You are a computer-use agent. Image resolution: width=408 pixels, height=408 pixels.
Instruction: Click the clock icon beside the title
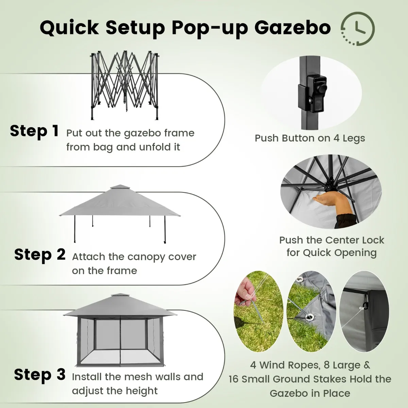click(x=358, y=29)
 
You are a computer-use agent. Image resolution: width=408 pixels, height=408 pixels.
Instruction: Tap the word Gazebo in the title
click(x=293, y=28)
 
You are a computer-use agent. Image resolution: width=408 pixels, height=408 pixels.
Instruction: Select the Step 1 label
click(x=34, y=131)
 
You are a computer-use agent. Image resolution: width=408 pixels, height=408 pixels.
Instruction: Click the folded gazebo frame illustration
click(x=125, y=85)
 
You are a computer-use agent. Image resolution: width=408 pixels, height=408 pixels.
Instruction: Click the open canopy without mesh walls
click(x=120, y=214)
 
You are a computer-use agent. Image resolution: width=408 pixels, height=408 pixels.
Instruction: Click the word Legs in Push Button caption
click(x=354, y=138)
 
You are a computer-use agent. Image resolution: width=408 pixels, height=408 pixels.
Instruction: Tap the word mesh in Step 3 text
click(x=135, y=377)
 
